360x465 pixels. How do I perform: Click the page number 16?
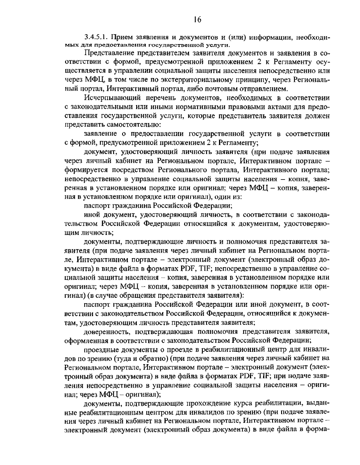197,20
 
